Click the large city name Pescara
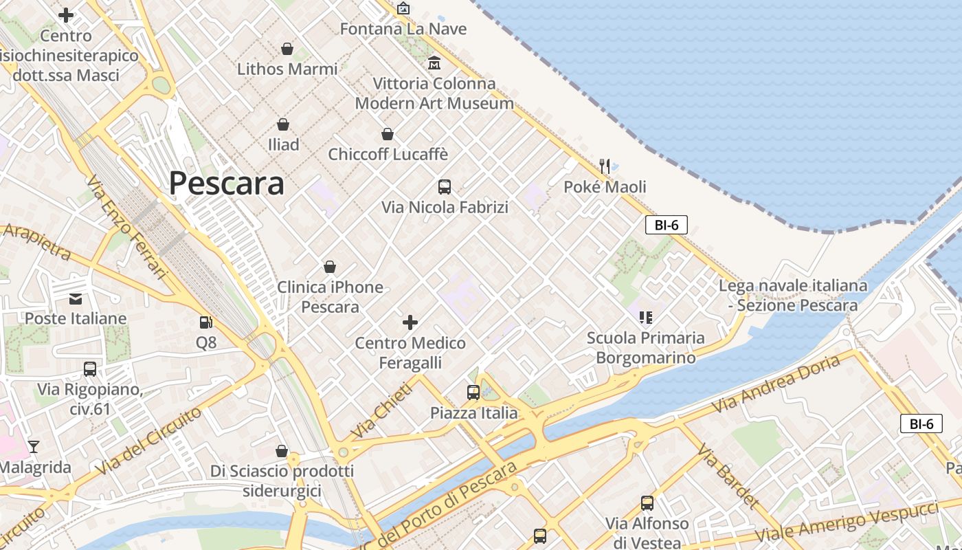[226, 184]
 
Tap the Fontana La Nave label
[403, 29]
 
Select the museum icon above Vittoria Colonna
[434, 63]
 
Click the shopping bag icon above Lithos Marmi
[287, 49]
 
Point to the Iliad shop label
[284, 144]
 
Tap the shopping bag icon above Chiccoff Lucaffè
[388, 134]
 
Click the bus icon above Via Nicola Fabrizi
[445, 186]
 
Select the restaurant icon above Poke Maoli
[605, 166]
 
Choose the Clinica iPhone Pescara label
[330, 296]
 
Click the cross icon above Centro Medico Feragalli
[410, 322]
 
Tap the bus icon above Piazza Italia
[473, 393]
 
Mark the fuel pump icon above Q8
[205, 322]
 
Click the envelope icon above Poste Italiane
[76, 298]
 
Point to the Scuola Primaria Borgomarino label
[645, 347]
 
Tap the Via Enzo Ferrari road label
[128, 227]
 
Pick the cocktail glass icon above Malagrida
[33, 446]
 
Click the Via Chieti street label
[382, 410]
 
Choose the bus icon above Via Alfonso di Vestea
[647, 503]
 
